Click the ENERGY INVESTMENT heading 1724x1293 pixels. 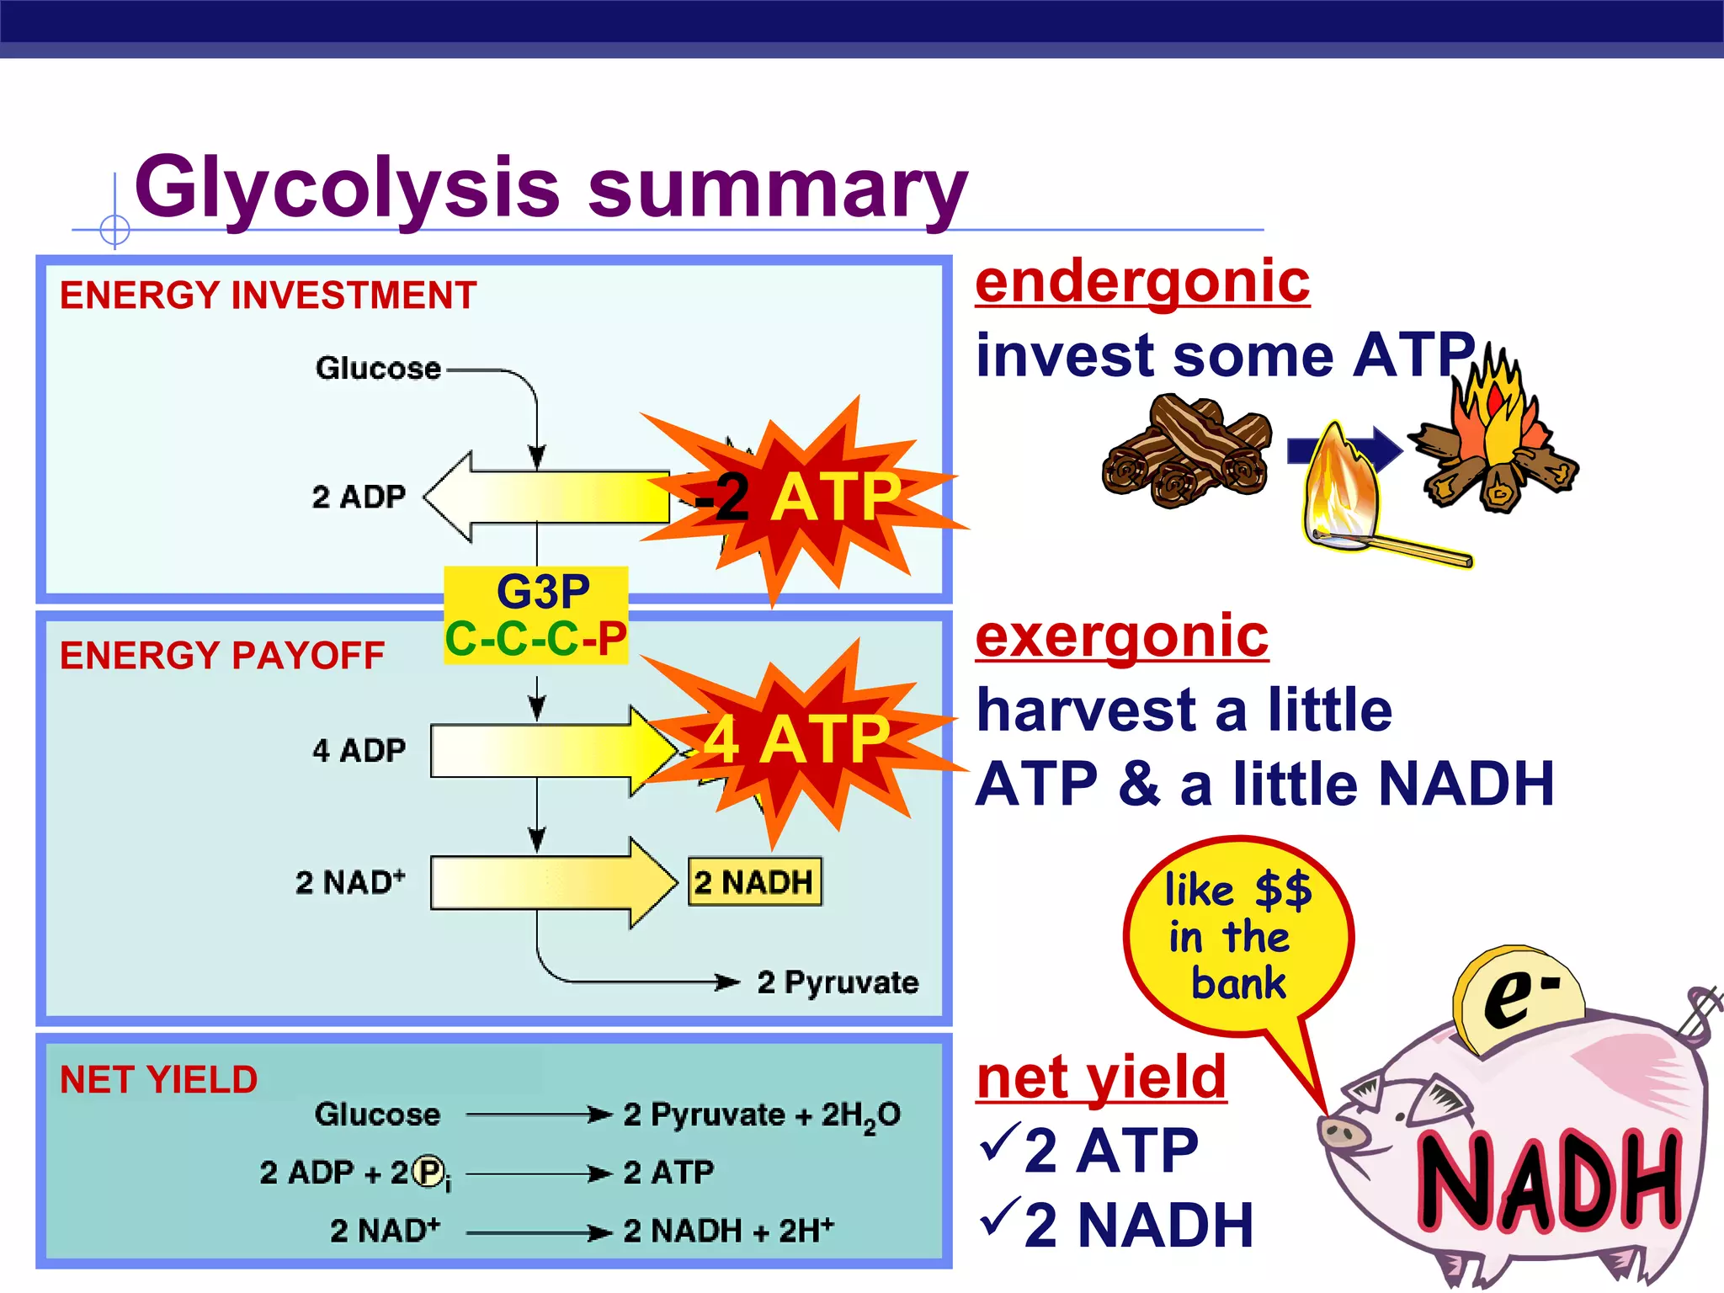pyautogui.click(x=268, y=295)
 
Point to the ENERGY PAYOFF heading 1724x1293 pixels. pyautogui.click(x=222, y=656)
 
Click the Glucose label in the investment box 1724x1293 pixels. pyautogui.click(x=378, y=369)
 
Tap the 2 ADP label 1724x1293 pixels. pyautogui.click(x=359, y=497)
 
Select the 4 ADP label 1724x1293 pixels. pyautogui.click(x=359, y=750)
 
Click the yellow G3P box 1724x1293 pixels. pyautogui.click(x=536, y=615)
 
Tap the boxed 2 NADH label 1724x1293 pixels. pyautogui.click(x=754, y=882)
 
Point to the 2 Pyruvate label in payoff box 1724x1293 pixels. pyautogui.click(x=838, y=982)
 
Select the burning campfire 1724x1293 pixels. pyautogui.click(x=1494, y=438)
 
